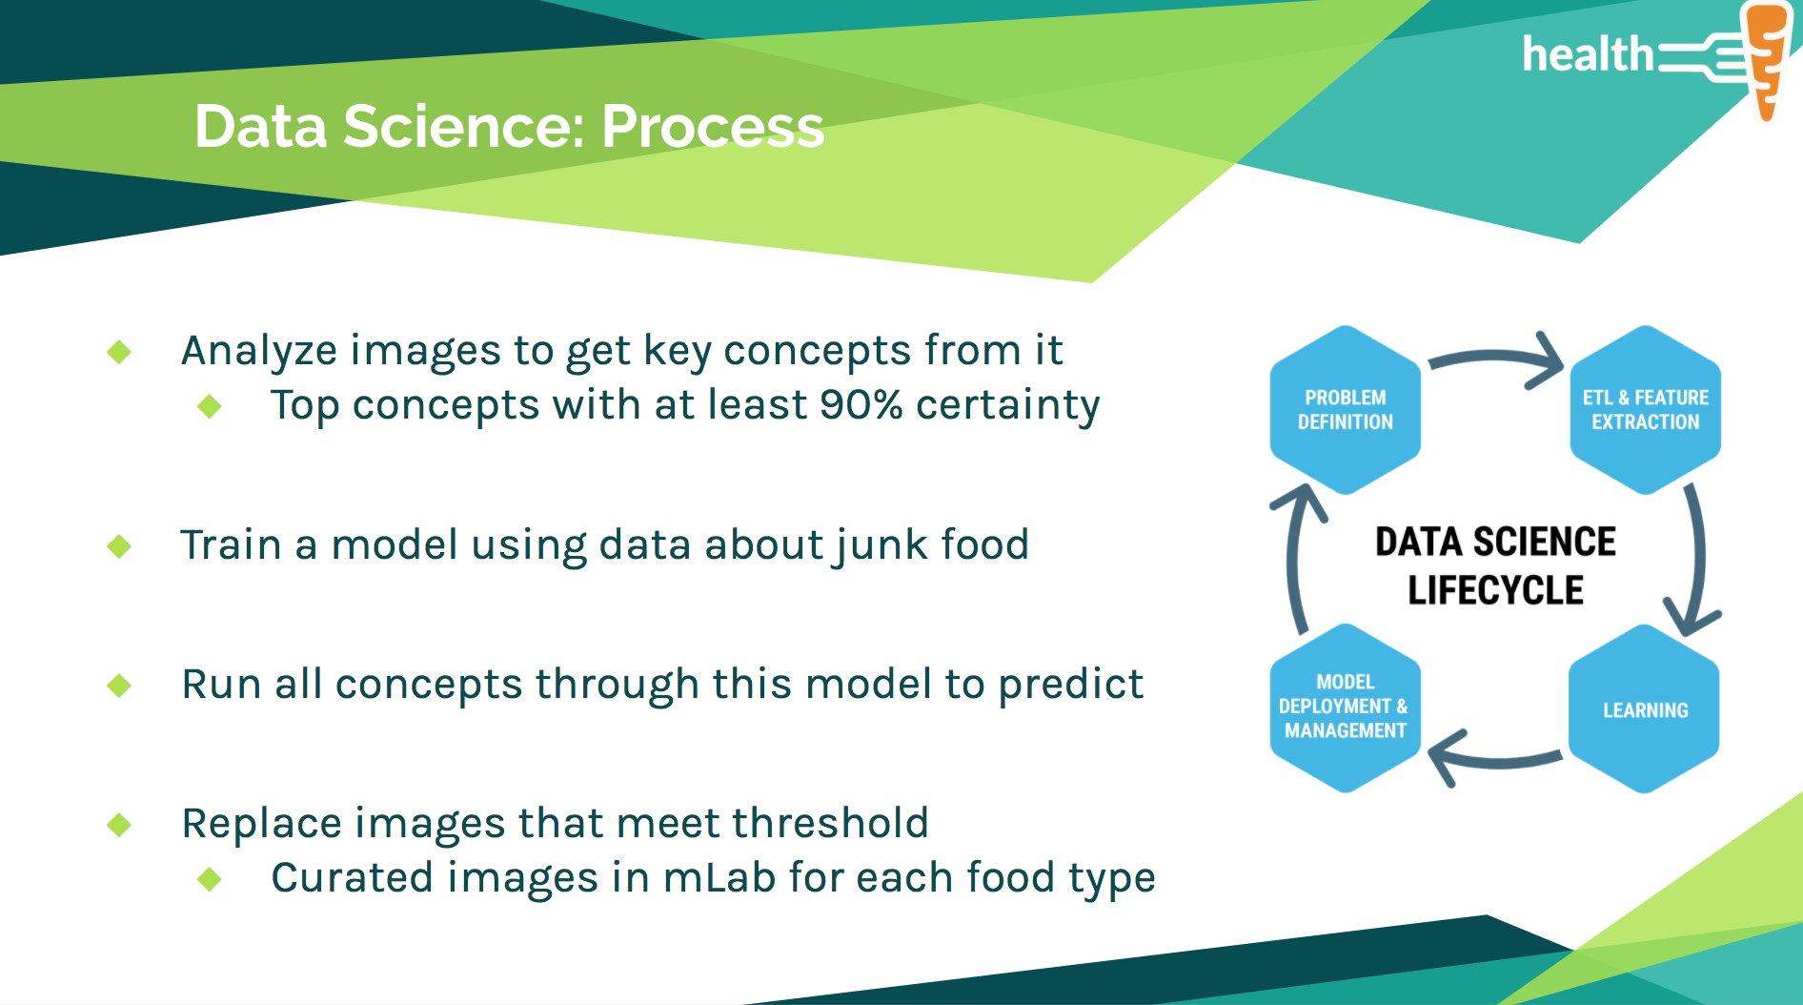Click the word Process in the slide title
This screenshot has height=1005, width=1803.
tap(712, 127)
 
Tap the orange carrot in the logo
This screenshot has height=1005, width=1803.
tap(1767, 57)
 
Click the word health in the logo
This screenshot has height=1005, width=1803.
tap(1588, 54)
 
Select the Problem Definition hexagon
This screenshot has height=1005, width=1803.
tap(1345, 410)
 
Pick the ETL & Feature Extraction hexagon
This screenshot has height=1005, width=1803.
tap(1645, 410)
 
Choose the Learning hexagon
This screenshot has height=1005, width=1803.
tap(1645, 709)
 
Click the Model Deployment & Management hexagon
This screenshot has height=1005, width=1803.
tap(1345, 708)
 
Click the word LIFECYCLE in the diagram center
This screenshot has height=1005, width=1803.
tap(1495, 591)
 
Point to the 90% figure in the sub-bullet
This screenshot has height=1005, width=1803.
tap(861, 405)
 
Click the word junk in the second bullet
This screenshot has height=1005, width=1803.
tap(881, 545)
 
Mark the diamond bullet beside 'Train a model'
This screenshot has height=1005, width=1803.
tap(119, 546)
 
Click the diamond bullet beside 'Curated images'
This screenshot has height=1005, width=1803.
tap(210, 878)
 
